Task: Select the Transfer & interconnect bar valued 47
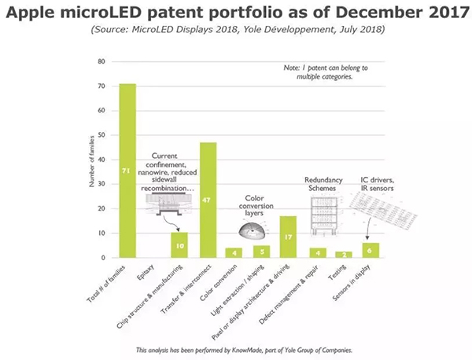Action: pos(208,200)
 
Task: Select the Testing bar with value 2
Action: pos(345,255)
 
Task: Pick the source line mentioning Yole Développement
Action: pos(236,30)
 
